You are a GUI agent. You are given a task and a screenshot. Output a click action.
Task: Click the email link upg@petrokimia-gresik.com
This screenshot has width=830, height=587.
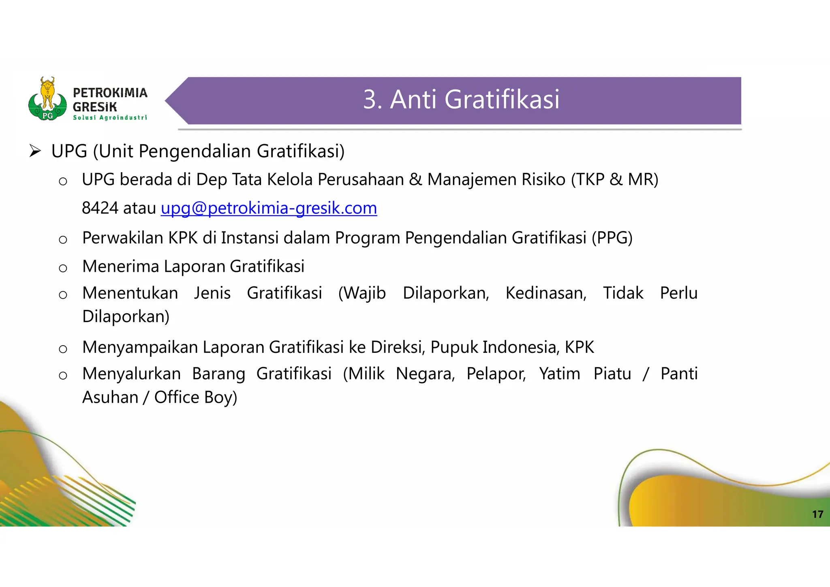[x=269, y=208]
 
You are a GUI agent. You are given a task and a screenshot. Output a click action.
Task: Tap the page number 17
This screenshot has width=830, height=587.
[x=817, y=514]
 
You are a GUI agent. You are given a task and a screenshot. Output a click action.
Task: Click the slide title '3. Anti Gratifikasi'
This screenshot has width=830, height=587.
[x=461, y=100]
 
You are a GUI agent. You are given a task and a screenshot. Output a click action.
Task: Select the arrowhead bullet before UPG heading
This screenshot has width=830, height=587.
[x=35, y=152]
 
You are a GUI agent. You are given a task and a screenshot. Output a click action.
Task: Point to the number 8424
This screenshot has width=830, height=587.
[x=100, y=208]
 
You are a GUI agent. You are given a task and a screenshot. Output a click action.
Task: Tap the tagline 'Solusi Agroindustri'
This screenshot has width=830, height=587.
[x=110, y=117]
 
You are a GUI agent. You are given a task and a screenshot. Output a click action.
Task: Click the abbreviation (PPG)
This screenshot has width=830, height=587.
[x=612, y=238]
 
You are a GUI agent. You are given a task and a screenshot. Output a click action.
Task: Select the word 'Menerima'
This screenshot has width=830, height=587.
[x=120, y=267]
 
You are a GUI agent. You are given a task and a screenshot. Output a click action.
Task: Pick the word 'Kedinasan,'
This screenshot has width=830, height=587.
[x=546, y=293]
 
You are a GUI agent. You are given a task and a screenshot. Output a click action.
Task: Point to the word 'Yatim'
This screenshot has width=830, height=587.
[x=559, y=374]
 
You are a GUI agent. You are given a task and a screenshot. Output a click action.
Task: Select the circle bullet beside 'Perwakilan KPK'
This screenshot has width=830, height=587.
[x=63, y=239]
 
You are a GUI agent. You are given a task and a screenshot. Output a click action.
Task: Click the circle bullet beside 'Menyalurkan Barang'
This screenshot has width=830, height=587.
[x=63, y=376]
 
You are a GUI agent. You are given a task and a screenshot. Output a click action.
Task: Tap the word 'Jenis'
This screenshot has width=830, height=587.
[x=212, y=293]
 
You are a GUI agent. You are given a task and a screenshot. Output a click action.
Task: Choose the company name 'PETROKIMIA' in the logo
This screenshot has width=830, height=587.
[x=110, y=93]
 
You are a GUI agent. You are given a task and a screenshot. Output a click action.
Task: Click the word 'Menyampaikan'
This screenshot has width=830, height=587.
[x=140, y=347]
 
